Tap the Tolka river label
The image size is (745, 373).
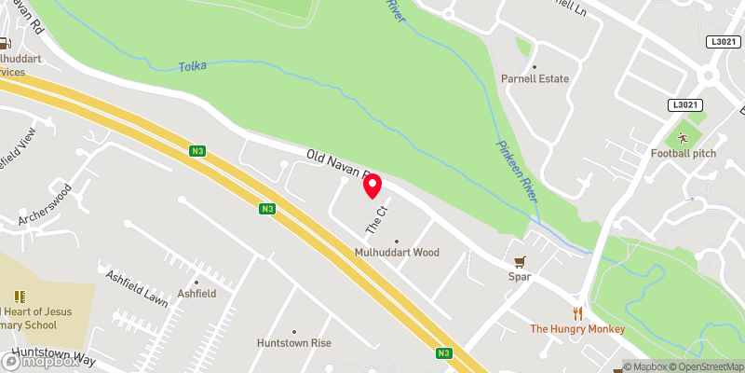(x=193, y=65)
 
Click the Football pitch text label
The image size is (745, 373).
(x=683, y=153)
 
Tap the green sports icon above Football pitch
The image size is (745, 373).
(x=683, y=137)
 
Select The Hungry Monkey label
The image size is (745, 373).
(x=577, y=329)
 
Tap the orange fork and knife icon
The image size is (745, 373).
(x=577, y=313)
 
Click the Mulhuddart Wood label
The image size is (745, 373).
(x=396, y=252)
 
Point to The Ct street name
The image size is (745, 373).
(x=375, y=220)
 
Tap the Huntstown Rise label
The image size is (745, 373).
(x=294, y=343)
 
